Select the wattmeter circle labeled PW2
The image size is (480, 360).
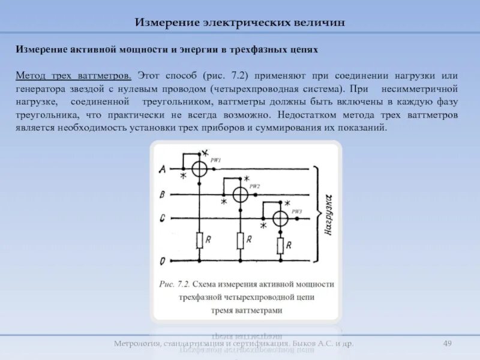pyautogui.click(x=240, y=194)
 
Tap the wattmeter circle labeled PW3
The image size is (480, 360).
pyautogui.click(x=280, y=219)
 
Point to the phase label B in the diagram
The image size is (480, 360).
pyautogui.click(x=163, y=194)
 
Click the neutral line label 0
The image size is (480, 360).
pyautogui.click(x=163, y=262)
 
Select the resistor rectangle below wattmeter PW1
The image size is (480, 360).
pyautogui.click(x=200, y=241)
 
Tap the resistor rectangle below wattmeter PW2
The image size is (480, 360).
pyautogui.click(x=240, y=241)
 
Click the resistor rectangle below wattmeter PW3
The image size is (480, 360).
pyautogui.click(x=280, y=245)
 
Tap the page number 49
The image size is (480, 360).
pyautogui.click(x=447, y=343)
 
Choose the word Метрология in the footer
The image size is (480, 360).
pyautogui.click(x=136, y=344)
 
